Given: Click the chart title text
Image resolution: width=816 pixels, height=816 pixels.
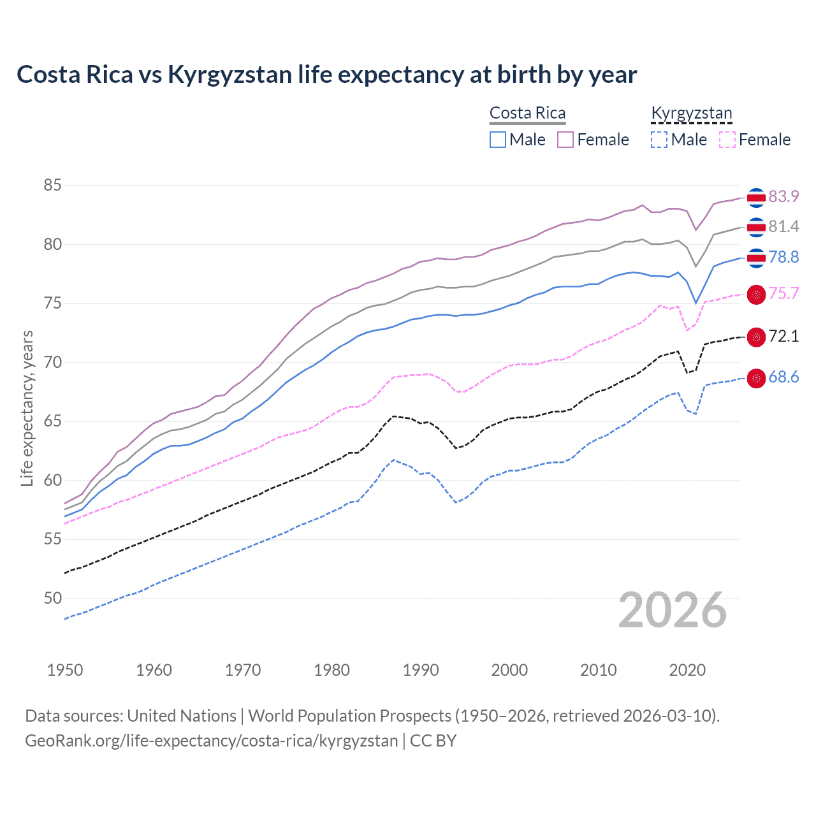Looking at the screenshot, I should coord(326,75).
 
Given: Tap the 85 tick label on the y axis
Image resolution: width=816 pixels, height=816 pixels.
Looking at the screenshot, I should coord(52,186).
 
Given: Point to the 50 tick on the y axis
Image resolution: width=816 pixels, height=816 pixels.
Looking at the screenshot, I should coord(52,598).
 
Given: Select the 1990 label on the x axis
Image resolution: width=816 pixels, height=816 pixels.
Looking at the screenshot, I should coord(421,670).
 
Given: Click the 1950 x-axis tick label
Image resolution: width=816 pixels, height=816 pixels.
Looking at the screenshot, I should coord(65,670).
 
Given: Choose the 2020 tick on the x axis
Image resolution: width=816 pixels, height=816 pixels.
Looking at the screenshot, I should coord(687,670).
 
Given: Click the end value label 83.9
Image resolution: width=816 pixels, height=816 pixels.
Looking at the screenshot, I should coord(783,196).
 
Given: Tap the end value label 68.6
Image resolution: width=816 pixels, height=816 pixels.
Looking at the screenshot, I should coord(783,377).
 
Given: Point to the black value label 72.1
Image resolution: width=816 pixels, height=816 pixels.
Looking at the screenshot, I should coord(783,336).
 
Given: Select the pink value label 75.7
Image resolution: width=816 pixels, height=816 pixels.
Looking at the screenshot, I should coord(783,293).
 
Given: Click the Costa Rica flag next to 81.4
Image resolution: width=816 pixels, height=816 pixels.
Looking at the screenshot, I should coord(756,227).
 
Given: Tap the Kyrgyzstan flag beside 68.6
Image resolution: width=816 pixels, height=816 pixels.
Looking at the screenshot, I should coord(756,378).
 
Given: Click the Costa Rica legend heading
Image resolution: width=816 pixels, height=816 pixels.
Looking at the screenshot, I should coord(527,113).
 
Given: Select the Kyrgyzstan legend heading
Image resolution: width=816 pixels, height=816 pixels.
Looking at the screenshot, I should coord(692,113).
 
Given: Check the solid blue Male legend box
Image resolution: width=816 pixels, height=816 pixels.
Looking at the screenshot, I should coord(498,140).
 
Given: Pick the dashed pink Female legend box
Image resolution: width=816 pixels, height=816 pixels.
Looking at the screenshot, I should coord(727,140).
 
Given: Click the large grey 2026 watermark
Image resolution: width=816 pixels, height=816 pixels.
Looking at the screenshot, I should coord(672,610).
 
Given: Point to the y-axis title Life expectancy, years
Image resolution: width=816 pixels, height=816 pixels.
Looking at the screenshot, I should coord(27,408).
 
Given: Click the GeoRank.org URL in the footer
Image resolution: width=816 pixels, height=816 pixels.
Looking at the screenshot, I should coord(211,740).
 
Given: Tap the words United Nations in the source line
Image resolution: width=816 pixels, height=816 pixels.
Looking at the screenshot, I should coord(182,715).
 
